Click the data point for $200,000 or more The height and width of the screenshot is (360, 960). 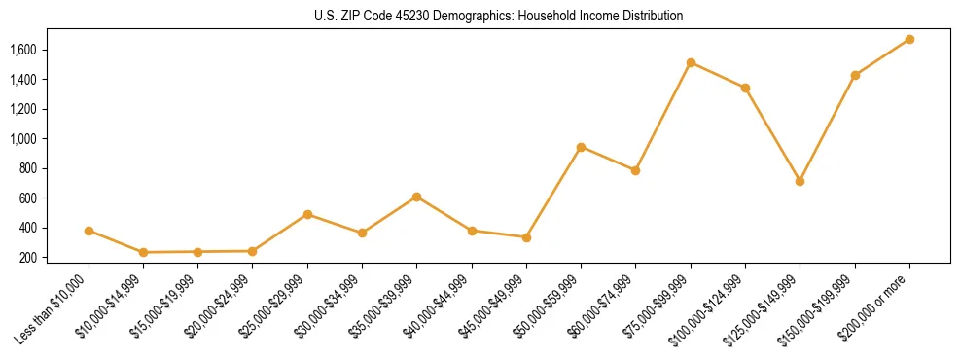tap(909, 39)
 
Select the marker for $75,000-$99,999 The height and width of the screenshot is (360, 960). tap(691, 62)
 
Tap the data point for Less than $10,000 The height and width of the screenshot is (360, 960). tap(89, 231)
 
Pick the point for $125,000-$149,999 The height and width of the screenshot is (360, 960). tap(800, 181)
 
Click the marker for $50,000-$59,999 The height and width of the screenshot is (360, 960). tap(581, 147)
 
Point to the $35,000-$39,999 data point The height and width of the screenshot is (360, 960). tap(416, 197)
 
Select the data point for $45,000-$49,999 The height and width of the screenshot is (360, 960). tap(526, 237)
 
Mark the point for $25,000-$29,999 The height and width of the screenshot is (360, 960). tap(307, 214)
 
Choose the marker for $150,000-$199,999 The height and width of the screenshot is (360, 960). tap(855, 75)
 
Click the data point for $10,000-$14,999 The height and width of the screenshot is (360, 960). tap(143, 252)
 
